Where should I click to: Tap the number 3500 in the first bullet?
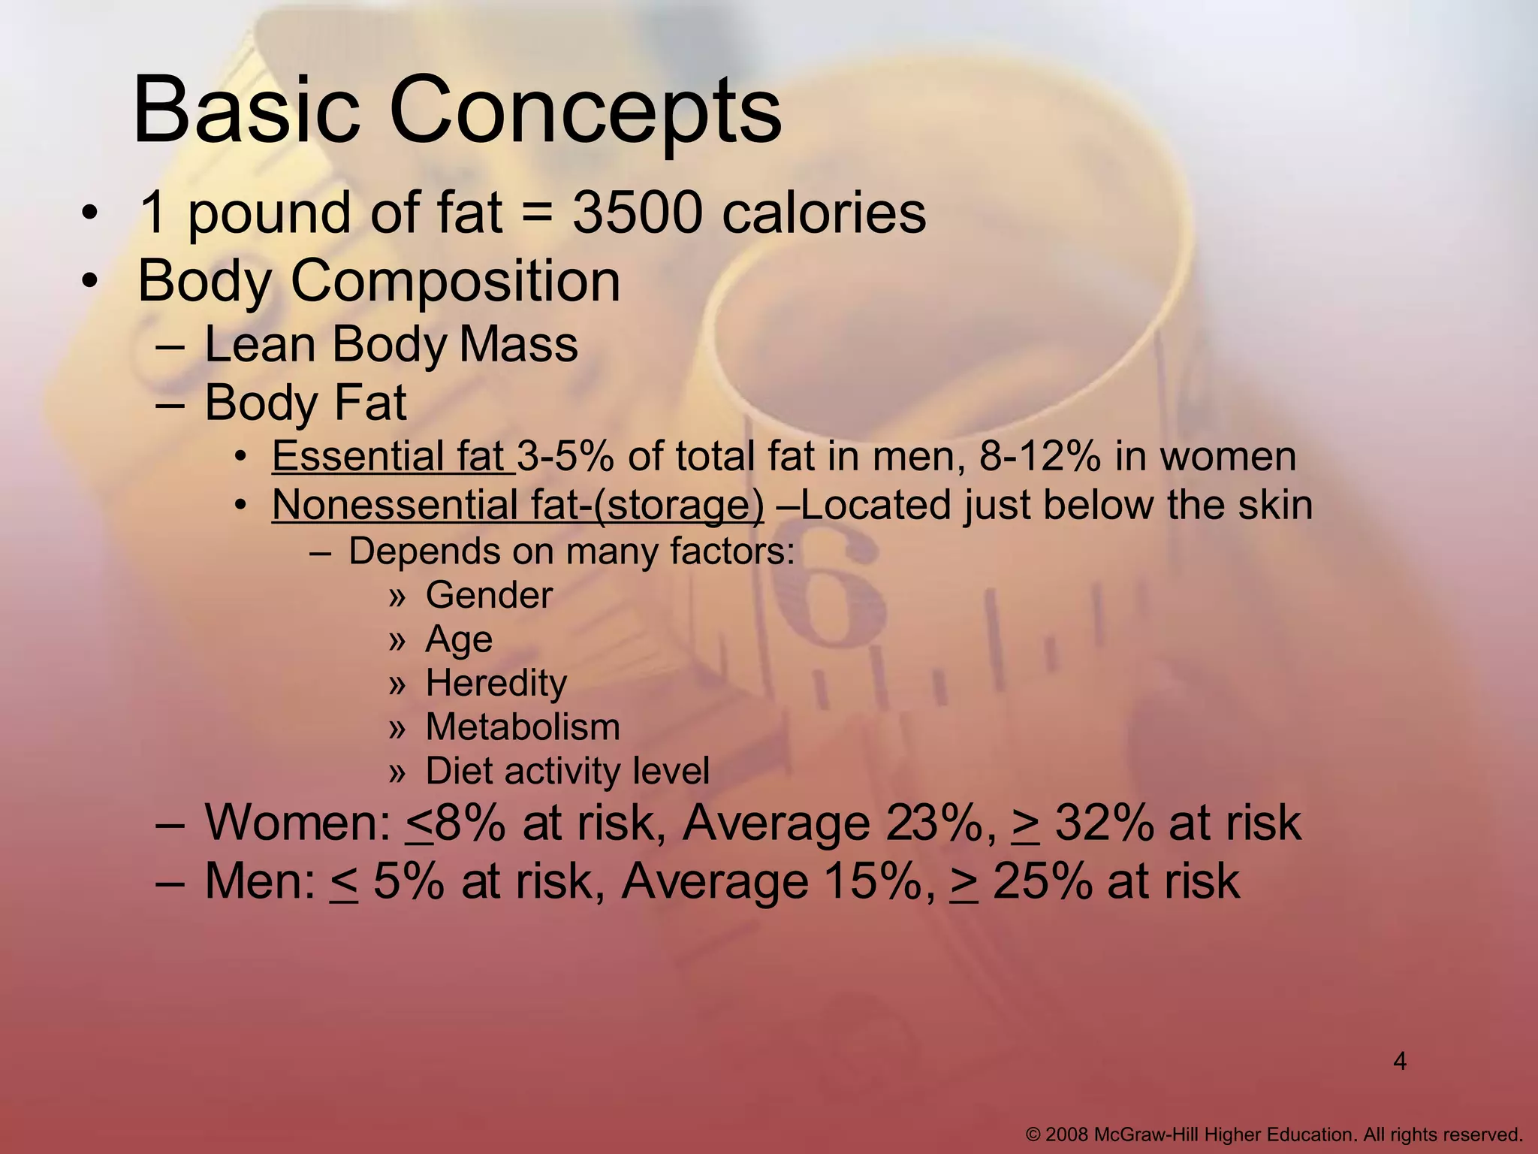click(x=637, y=213)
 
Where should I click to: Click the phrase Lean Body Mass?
click(x=391, y=344)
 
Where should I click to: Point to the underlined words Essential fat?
click(x=392, y=457)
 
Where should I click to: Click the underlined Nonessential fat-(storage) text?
click(x=517, y=505)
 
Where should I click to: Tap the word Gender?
click(x=489, y=596)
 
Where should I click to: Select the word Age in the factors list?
click(x=459, y=640)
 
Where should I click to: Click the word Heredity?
click(x=496, y=684)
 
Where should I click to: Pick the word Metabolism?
click(x=523, y=727)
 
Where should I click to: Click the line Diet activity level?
click(x=567, y=771)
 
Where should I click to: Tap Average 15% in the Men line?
click(x=778, y=881)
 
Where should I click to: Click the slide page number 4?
click(x=1399, y=1062)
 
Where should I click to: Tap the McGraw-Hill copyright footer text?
click(x=1274, y=1134)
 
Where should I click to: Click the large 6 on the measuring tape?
click(x=826, y=594)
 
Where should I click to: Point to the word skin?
click(x=1275, y=505)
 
